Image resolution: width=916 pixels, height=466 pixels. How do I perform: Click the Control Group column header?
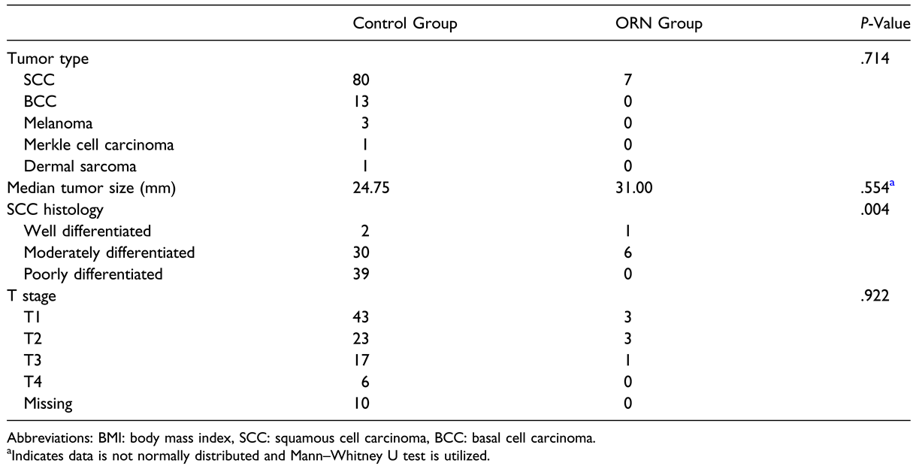(405, 24)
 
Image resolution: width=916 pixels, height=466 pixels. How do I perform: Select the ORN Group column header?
(658, 24)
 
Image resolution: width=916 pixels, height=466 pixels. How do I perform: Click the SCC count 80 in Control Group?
(361, 80)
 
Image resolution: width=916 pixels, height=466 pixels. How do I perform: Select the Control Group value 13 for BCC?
(361, 101)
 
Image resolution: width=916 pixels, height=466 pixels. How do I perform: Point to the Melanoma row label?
(54, 123)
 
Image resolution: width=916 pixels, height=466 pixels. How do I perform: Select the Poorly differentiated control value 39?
(361, 275)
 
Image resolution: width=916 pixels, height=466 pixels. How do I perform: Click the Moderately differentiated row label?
(109, 253)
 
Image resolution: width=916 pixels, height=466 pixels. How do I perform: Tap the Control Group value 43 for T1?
(361, 319)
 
